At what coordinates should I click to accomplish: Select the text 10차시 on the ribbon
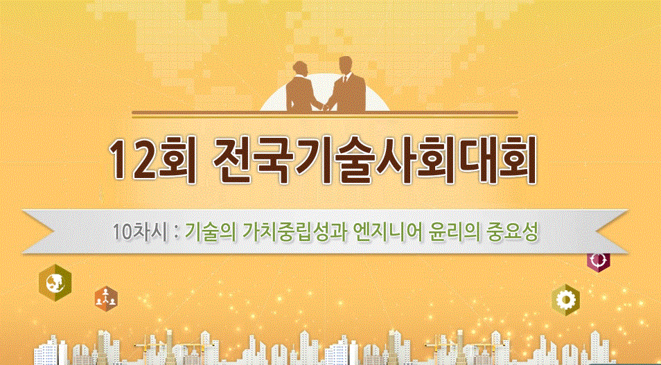coord(141,231)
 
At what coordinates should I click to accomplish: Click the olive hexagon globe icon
coord(55,282)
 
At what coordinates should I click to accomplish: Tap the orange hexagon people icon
coord(106,297)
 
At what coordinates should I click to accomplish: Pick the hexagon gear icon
coord(567,299)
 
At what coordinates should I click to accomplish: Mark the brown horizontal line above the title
coord(325,114)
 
